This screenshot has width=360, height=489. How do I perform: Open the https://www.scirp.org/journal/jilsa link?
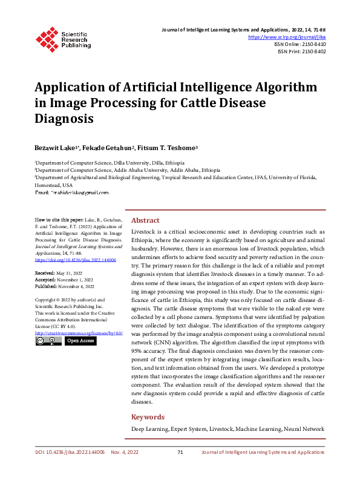pyautogui.click(x=287, y=37)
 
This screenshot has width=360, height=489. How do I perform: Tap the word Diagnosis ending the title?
pyautogui.click(x=64, y=119)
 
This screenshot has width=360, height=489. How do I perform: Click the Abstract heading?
pyautogui.click(x=145, y=220)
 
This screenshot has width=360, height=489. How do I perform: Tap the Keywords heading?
pyautogui.click(x=148, y=417)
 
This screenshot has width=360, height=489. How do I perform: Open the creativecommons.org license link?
pyautogui.click(x=79, y=333)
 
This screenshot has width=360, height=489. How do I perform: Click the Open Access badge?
pyautogui.click(x=80, y=341)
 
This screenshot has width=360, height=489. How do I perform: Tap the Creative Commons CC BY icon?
pyautogui.click(x=48, y=341)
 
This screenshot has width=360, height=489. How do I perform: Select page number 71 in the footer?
pyautogui.click(x=180, y=452)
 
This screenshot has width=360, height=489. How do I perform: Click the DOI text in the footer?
pyautogui.click(x=70, y=452)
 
